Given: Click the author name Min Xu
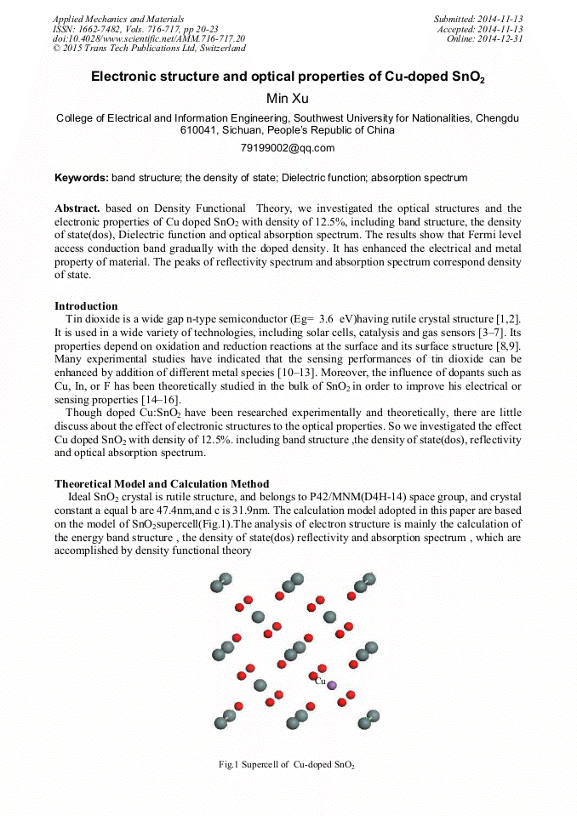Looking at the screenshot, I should tap(288, 99).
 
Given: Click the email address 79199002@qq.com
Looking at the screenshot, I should tap(288, 148).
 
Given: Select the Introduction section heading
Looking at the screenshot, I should tap(86, 306).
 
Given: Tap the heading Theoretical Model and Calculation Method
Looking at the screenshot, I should tap(162, 484).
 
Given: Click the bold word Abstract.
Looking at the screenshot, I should tap(77, 208).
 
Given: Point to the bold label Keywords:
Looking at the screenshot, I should tap(81, 178).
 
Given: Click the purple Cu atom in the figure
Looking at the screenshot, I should tap(332, 685).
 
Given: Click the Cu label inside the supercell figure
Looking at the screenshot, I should tap(320, 681).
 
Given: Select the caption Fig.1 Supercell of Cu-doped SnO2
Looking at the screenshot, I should tap(287, 765).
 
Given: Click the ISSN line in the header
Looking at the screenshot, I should tap(123, 29).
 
